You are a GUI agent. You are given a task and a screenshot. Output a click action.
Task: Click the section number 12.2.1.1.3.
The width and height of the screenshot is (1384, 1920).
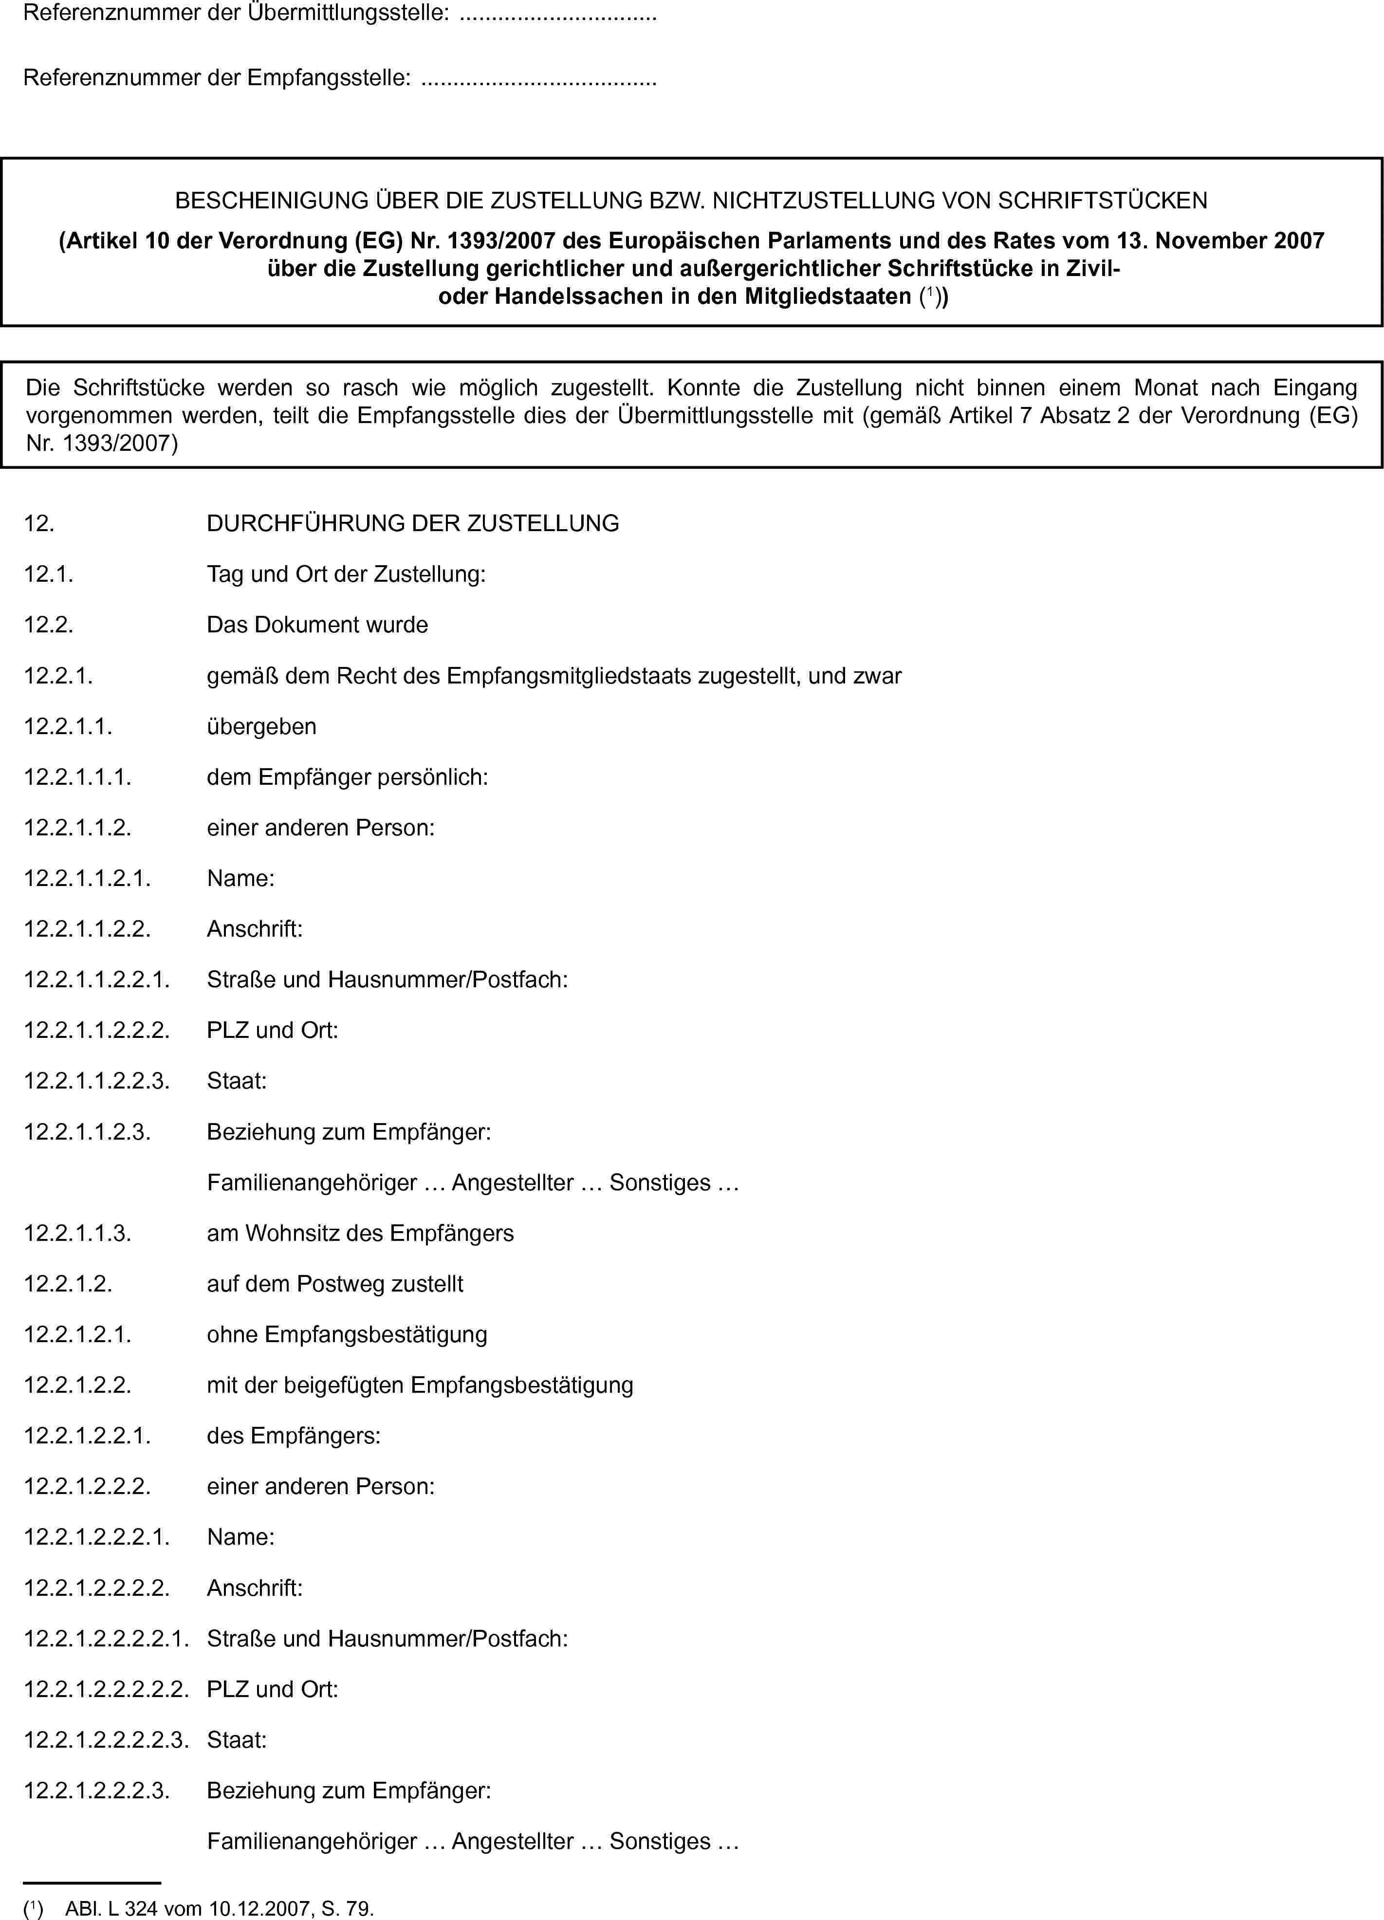pyautogui.click(x=77, y=1234)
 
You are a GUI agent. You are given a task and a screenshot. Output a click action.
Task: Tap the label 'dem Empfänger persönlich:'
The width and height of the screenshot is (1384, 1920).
pyautogui.click(x=347, y=777)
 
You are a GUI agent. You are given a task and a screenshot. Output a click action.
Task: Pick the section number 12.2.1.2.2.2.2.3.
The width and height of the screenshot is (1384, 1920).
pyautogui.click(x=106, y=1740)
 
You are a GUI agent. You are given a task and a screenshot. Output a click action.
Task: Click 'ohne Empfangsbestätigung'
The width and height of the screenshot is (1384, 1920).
pyautogui.click(x=347, y=1334)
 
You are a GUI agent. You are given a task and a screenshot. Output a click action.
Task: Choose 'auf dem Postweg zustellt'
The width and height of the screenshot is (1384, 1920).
pyautogui.click(x=334, y=1284)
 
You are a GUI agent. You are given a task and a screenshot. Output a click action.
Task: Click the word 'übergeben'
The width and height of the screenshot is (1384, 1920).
pyautogui.click(x=261, y=726)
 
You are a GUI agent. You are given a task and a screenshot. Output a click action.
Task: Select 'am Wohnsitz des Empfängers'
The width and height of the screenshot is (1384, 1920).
pyautogui.click(x=360, y=1234)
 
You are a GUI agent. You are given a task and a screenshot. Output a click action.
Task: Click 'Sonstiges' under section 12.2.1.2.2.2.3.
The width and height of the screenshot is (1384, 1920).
pyautogui.click(x=660, y=1841)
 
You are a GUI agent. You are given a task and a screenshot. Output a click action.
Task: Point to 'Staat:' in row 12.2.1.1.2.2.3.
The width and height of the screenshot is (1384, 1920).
pyautogui.click(x=237, y=1081)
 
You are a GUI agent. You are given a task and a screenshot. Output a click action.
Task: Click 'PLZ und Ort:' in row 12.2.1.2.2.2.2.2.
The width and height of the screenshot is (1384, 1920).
pyautogui.click(x=273, y=1689)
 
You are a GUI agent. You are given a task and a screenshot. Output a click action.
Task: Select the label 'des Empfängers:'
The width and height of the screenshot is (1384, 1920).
pyautogui.click(x=293, y=1436)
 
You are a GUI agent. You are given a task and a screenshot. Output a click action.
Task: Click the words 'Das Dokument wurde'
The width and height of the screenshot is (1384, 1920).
pyautogui.click(x=317, y=625)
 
